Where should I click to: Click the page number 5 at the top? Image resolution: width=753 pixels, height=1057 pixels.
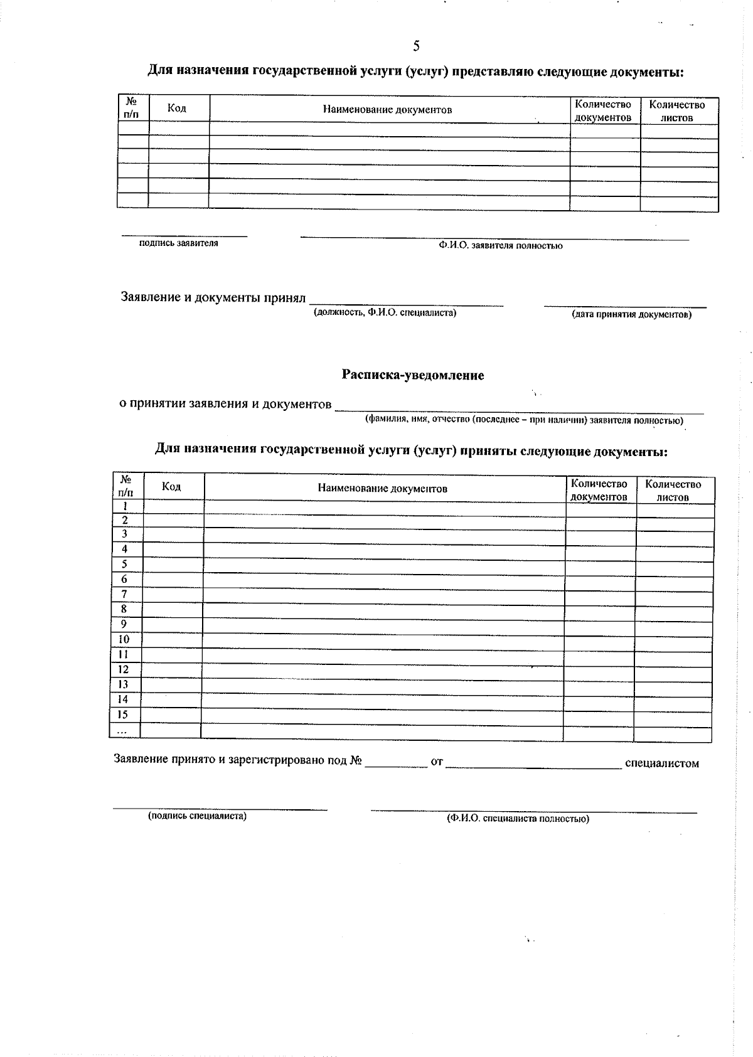[x=417, y=46]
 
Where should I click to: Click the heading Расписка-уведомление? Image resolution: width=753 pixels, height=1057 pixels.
[x=413, y=375]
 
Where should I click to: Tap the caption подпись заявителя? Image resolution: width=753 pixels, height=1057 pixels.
[x=179, y=243]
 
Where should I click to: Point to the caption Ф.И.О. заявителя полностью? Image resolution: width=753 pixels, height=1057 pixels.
[x=500, y=246]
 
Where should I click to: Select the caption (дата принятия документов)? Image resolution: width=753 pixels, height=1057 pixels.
[x=631, y=314]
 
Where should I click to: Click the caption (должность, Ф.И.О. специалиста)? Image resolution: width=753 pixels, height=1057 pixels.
[x=385, y=312]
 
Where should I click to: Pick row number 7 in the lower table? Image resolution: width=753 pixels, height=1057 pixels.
[x=124, y=594]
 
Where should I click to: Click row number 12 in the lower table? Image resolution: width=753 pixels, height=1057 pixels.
[x=124, y=669]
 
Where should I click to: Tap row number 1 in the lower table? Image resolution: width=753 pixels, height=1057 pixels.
[x=125, y=506]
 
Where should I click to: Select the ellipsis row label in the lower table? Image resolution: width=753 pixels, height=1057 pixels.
[x=122, y=731]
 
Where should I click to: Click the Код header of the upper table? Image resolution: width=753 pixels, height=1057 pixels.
[x=177, y=109]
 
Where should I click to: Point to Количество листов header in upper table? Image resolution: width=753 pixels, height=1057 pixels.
[x=676, y=111]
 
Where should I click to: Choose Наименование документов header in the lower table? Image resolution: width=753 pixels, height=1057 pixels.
[x=382, y=489]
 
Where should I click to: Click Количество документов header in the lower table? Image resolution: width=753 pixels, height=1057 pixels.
[x=599, y=490]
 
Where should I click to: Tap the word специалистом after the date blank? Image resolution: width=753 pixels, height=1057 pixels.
[x=662, y=763]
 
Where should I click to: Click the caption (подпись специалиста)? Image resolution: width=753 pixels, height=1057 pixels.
[x=197, y=816]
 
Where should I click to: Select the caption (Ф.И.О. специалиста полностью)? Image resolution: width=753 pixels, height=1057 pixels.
[x=518, y=819]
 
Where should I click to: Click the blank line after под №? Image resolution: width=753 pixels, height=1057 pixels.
[x=395, y=764]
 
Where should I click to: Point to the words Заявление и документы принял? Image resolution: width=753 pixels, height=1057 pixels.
[x=213, y=297]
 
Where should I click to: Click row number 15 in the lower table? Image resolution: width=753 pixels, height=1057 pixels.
[x=123, y=714]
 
